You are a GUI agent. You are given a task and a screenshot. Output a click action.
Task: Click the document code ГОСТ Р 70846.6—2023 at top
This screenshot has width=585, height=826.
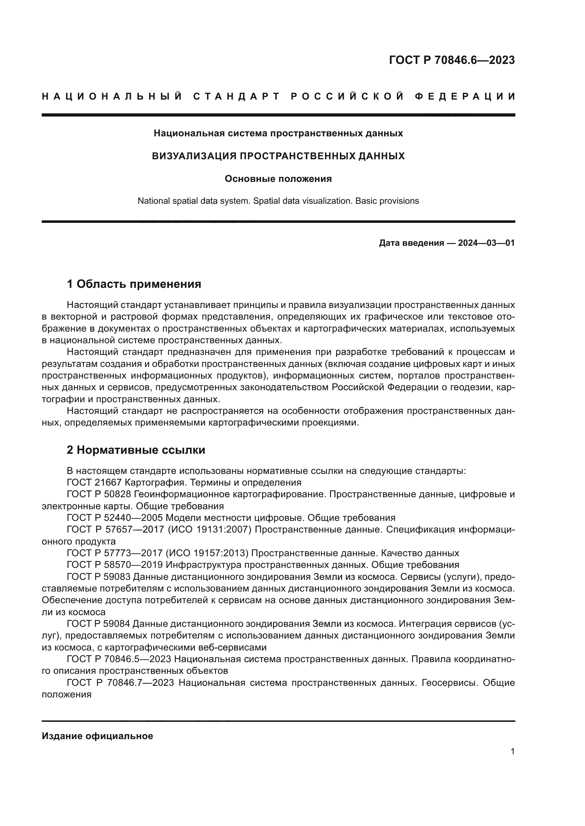click(x=452, y=60)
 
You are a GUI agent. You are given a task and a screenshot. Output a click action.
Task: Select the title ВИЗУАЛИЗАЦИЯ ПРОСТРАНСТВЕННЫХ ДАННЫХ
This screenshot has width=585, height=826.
click(x=278, y=156)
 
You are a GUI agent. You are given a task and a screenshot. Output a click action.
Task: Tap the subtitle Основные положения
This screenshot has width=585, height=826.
click(x=278, y=179)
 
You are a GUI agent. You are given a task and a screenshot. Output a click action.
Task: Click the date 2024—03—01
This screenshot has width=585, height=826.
click(x=486, y=243)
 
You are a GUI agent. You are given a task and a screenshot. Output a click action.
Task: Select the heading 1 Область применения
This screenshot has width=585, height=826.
click(x=134, y=284)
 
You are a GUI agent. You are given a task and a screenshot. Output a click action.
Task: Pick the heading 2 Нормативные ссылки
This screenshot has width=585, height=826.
click(x=136, y=450)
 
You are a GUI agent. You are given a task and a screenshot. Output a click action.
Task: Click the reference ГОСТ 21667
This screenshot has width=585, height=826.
click(x=95, y=482)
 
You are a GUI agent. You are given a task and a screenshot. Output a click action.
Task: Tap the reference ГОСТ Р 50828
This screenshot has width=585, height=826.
click(x=99, y=494)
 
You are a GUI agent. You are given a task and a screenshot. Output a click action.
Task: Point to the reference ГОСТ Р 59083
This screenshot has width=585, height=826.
click(x=99, y=577)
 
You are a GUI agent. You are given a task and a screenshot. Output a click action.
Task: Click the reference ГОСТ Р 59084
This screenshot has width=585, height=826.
click(x=99, y=624)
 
